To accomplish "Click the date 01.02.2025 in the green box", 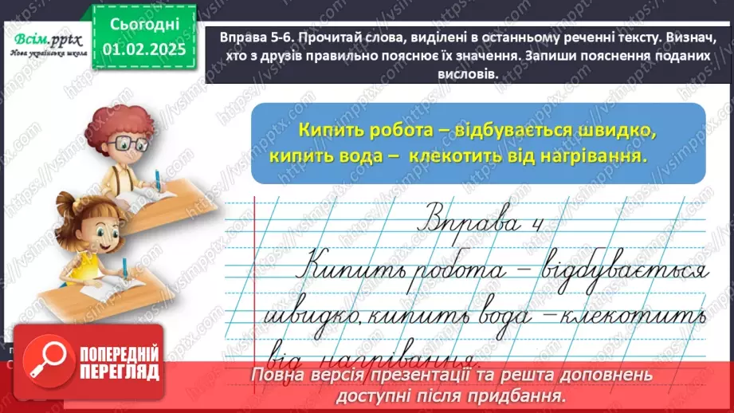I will coord(143,49).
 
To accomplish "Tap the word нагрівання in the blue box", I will coord(598,156).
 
